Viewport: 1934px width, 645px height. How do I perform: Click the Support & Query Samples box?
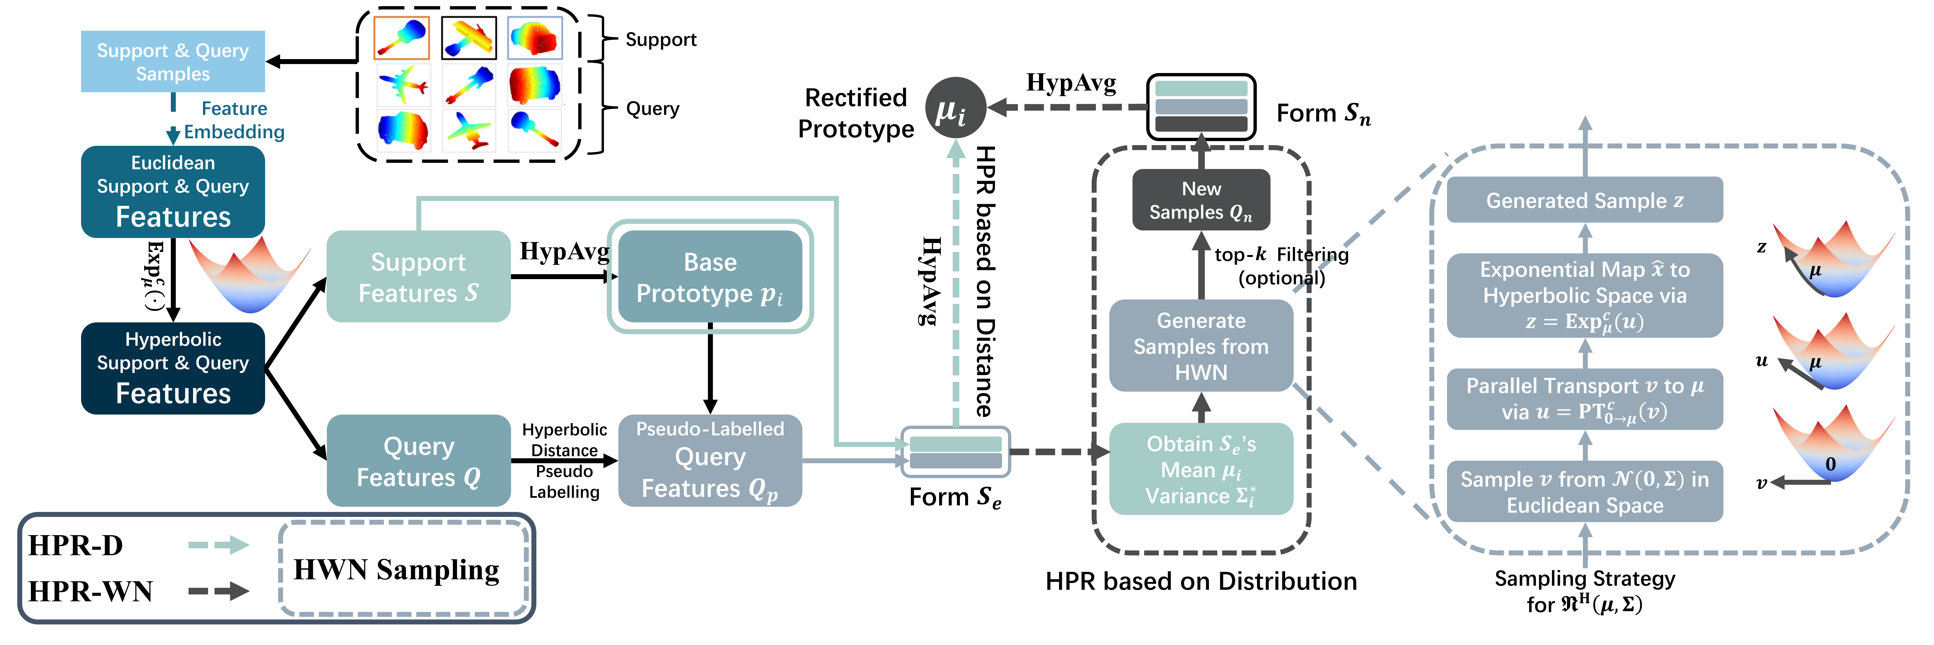tap(173, 62)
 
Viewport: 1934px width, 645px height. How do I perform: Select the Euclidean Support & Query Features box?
tap(173, 191)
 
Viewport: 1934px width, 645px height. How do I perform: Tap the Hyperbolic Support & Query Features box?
tap(173, 368)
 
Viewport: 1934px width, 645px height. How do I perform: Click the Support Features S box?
tap(418, 276)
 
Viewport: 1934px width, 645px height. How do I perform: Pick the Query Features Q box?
tap(418, 460)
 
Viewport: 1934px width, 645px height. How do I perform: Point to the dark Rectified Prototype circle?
tap(954, 107)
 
